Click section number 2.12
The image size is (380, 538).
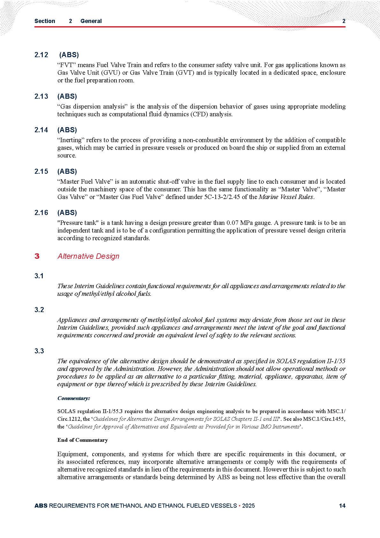point(41,55)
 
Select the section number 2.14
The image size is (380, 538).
point(41,130)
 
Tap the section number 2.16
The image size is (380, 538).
point(41,213)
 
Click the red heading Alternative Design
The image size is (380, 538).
point(88,256)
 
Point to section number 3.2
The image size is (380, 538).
point(39,310)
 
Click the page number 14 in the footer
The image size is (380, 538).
point(342,506)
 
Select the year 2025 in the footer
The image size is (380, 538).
point(249,506)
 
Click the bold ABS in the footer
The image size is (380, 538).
point(41,506)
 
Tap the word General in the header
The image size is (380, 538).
point(91,21)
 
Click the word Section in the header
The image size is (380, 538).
point(45,21)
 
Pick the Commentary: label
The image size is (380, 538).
point(74,398)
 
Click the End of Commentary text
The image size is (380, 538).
point(83,440)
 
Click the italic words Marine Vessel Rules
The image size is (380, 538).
point(286,197)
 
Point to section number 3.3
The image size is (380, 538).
point(39,351)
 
